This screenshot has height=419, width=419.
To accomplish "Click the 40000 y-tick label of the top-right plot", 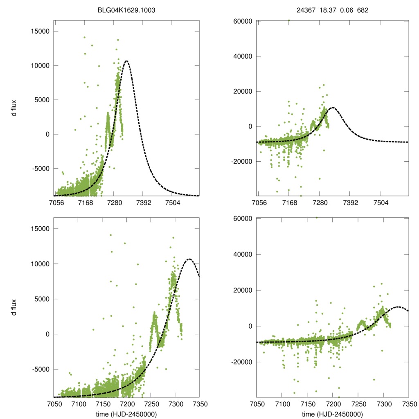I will [x=241, y=56].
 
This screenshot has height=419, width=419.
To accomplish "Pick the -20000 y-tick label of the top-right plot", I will [x=240, y=161].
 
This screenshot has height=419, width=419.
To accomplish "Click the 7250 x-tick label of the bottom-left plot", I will [x=151, y=404].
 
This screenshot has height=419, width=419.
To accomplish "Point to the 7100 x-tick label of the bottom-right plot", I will [x=282, y=404].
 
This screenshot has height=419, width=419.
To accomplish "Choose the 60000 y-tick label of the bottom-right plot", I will [x=241, y=219].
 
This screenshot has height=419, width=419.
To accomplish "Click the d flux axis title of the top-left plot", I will [x=14, y=110].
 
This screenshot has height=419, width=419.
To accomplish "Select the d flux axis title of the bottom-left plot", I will [x=14, y=307].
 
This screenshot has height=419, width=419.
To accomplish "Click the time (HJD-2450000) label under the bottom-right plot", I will [x=332, y=414].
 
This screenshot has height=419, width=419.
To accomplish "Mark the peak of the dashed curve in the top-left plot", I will [x=126, y=61].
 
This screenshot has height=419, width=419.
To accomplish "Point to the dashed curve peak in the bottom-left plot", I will [x=189, y=259].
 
